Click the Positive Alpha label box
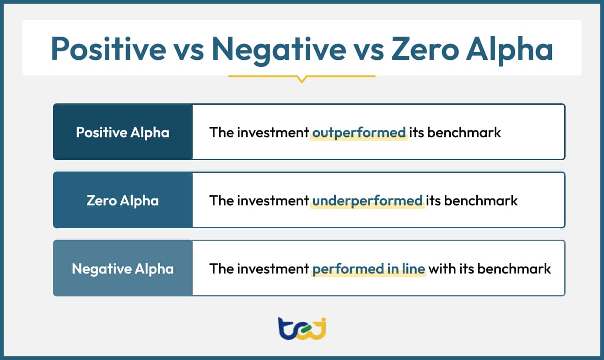tap(123, 132)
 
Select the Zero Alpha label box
tap(123, 200)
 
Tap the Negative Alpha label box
tap(123, 269)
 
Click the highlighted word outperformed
tap(359, 133)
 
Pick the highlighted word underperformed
tap(367, 201)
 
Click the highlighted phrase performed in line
tap(369, 269)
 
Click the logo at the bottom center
tap(302, 329)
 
